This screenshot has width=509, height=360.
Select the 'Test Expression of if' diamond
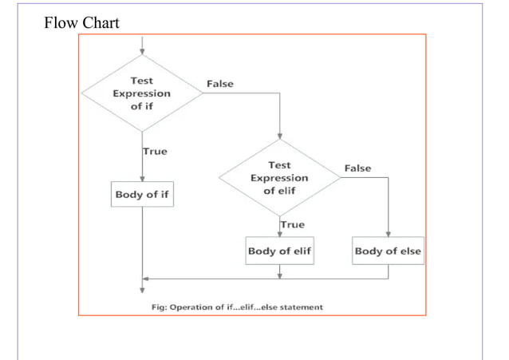141,93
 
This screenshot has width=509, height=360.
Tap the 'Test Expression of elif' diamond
279,178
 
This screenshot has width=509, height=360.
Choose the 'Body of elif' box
279,251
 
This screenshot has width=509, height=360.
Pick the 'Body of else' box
388,251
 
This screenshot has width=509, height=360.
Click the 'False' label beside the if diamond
220,84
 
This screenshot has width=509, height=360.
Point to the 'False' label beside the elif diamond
357,168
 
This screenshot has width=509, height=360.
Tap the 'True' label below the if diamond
155,152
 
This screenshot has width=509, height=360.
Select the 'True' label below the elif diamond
293,225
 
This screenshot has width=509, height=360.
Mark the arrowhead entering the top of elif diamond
279,136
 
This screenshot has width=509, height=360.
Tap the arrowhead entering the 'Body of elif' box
279,235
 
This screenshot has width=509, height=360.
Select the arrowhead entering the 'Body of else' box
388,235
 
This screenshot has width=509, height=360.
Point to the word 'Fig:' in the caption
164,307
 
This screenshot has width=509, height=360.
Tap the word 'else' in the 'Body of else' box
408,251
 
